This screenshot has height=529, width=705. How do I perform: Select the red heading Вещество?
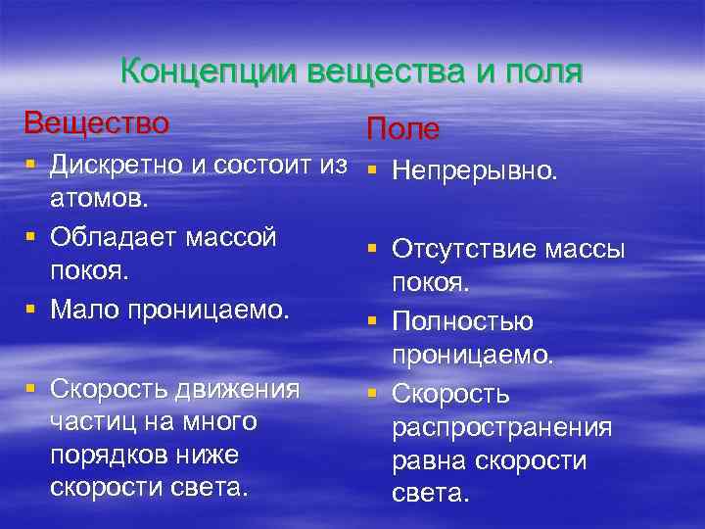click(x=96, y=124)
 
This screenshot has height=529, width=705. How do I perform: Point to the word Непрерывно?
click(x=475, y=171)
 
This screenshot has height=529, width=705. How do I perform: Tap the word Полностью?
click(x=462, y=322)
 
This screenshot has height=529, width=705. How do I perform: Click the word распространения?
click(x=502, y=429)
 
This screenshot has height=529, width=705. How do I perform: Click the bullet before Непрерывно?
click(x=373, y=170)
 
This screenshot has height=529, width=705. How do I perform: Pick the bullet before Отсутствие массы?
click(x=373, y=250)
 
